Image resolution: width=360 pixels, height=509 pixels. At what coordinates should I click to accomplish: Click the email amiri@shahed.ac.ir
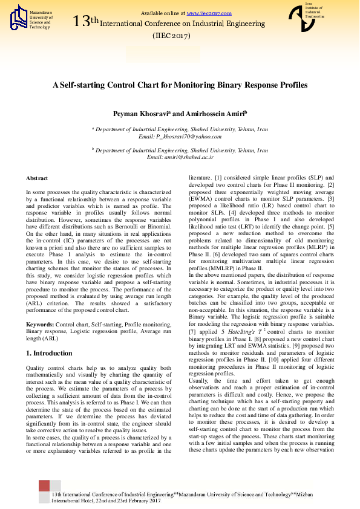click(189, 157)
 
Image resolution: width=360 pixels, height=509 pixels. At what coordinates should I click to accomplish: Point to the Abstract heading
click(37, 178)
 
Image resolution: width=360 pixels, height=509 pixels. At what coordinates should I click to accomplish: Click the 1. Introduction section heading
click(53, 353)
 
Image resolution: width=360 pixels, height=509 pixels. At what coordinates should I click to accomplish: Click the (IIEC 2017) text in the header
click(172, 36)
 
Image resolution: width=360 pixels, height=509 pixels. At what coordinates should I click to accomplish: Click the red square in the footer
click(44, 486)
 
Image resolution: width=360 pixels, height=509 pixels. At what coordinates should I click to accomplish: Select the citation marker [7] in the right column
click(192, 332)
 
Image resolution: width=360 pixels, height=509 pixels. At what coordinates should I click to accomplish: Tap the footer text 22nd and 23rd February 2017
click(128, 501)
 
